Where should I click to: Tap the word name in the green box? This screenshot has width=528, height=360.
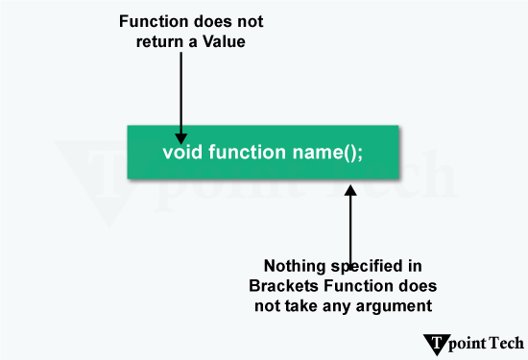[310, 153]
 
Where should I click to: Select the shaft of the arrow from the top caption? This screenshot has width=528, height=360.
[180, 91]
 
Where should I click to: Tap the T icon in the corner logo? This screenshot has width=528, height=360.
[437, 343]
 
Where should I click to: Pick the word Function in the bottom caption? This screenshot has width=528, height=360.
[372, 286]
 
